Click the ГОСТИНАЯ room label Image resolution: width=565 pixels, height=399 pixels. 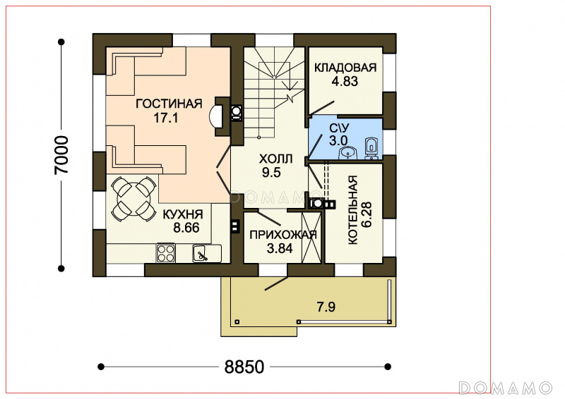(x=169, y=104)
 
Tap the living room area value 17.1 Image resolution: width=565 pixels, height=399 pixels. (x=166, y=118)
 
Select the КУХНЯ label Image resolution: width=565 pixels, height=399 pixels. (x=183, y=214)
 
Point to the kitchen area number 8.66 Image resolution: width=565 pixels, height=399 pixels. (x=186, y=228)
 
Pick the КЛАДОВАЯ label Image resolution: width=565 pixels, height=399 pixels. (x=345, y=68)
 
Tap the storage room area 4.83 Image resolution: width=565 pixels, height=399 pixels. (x=345, y=81)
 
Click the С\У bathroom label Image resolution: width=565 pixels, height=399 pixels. (x=339, y=128)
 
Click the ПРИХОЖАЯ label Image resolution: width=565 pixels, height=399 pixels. (x=283, y=235)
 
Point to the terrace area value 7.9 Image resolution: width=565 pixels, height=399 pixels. (x=326, y=307)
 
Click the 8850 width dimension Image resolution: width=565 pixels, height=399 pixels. (x=244, y=367)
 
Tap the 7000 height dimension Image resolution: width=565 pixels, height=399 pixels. (x=61, y=155)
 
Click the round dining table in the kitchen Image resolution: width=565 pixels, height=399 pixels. (x=132, y=198)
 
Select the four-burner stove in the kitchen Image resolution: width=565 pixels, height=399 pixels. (x=166, y=252)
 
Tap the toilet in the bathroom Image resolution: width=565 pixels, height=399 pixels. (x=371, y=148)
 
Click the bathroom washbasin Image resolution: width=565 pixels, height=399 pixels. (x=347, y=154)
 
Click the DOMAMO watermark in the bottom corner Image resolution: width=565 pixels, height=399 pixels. (x=506, y=388)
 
